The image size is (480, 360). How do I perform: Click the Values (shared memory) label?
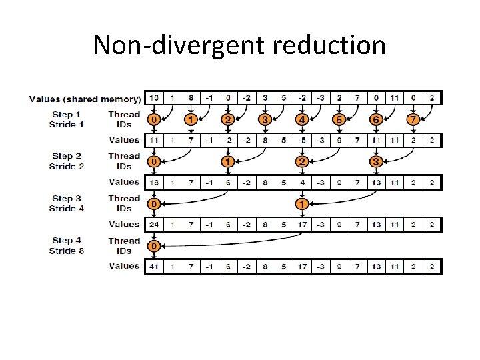point(85,99)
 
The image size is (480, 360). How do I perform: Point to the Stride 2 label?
point(66,167)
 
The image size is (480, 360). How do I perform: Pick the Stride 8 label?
point(66,251)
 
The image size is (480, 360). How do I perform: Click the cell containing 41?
point(154,266)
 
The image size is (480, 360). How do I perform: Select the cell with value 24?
point(154,225)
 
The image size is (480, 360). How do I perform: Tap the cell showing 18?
point(154,182)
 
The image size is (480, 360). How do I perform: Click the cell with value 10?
point(154,98)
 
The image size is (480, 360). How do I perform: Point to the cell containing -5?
point(302,140)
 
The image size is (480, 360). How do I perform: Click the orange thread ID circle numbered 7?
point(413,120)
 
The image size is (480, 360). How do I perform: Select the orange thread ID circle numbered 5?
point(339,120)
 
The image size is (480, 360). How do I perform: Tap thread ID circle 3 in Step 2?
point(376,162)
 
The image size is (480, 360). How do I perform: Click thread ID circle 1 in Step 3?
point(302,204)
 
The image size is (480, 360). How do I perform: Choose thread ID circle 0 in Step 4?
point(154,246)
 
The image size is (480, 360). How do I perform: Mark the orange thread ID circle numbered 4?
point(302,120)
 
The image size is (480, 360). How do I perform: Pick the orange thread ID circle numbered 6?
point(376,120)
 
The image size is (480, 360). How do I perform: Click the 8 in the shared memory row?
point(191,98)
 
